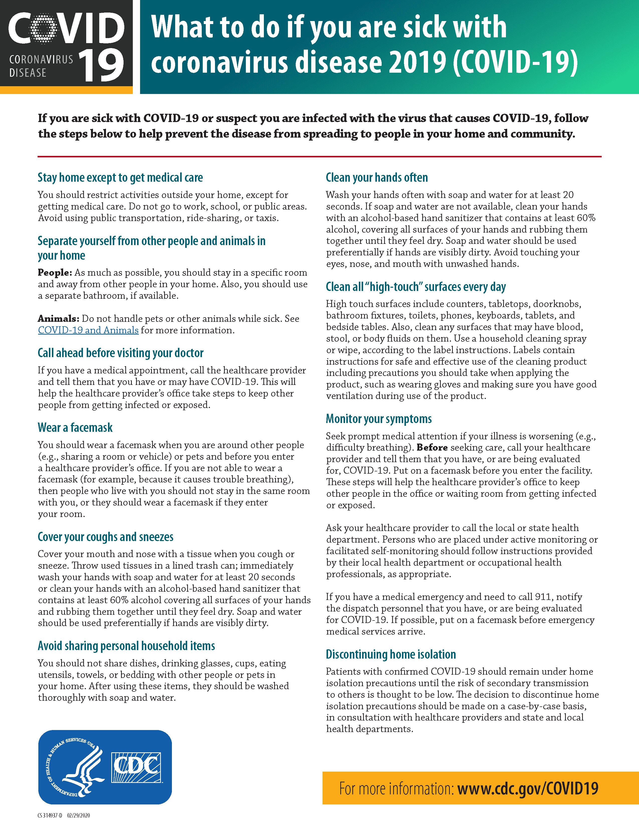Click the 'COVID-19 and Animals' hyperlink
(88, 330)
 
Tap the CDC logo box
(136, 767)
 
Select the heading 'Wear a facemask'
(75, 428)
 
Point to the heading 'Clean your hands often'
(377, 178)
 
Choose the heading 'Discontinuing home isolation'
(391, 654)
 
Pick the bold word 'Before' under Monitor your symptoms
(432, 448)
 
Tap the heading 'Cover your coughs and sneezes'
(105, 537)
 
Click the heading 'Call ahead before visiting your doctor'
(120, 353)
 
